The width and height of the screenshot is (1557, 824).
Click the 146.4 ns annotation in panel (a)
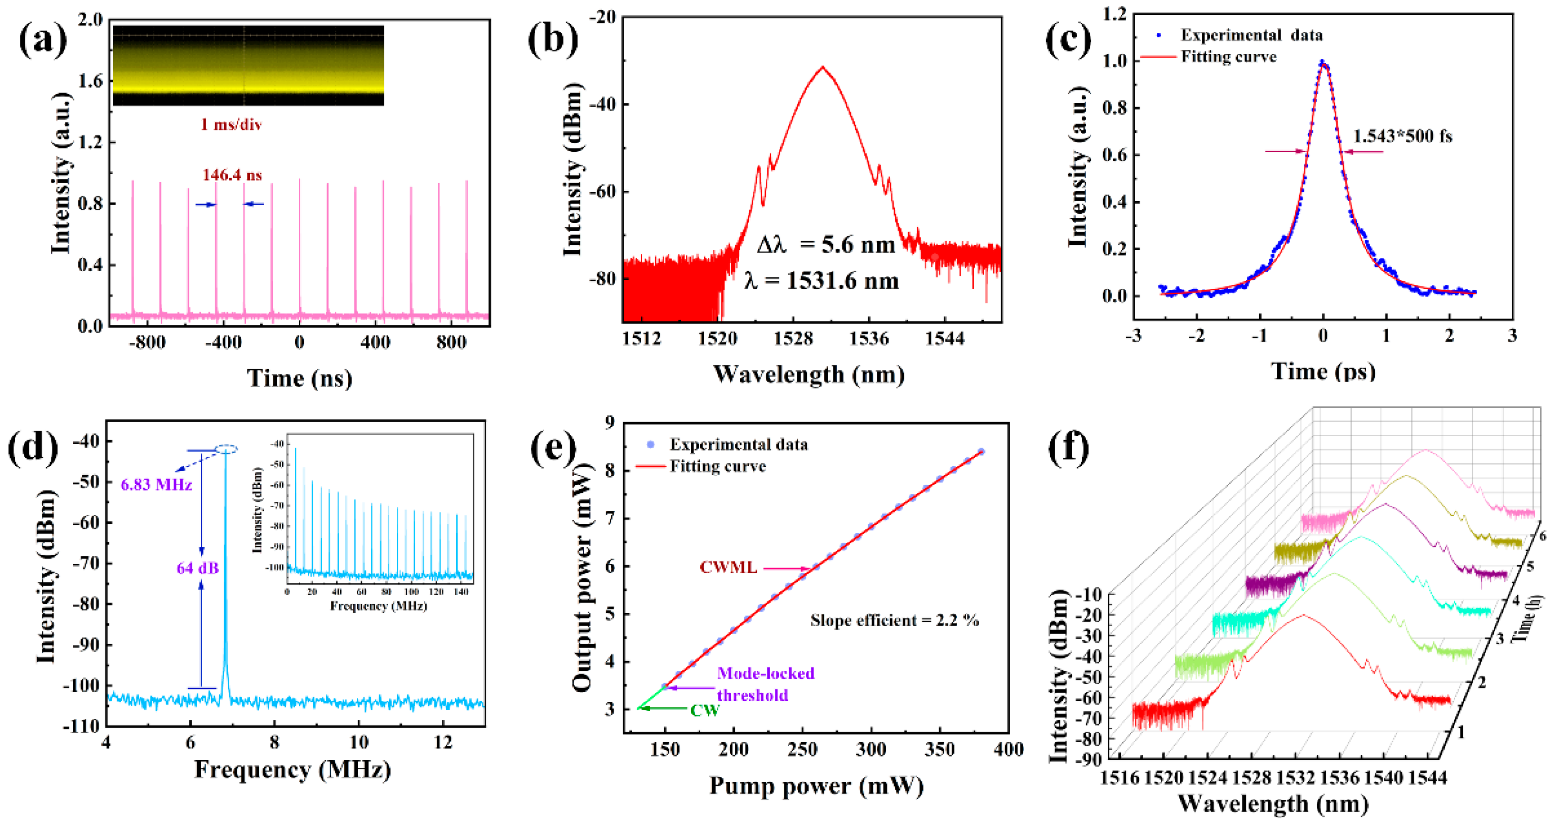pyautogui.click(x=232, y=176)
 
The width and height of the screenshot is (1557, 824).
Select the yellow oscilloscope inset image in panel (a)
pyautogui.click(x=248, y=65)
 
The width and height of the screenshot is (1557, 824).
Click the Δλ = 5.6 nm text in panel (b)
pyautogui.click(x=826, y=245)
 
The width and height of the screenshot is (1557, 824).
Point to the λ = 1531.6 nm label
pyautogui.click(x=822, y=281)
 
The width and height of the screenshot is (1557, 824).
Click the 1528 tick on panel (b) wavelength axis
pyautogui.click(x=793, y=339)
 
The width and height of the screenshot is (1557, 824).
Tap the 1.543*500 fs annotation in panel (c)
pyautogui.click(x=1401, y=136)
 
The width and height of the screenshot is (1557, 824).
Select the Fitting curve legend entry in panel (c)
pyautogui.click(x=1228, y=57)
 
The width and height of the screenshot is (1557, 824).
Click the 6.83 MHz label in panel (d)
pyautogui.click(x=156, y=485)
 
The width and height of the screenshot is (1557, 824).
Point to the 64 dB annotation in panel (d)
pyautogui.click(x=197, y=568)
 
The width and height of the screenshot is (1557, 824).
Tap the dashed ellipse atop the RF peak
pyautogui.click(x=226, y=449)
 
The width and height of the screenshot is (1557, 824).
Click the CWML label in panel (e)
pyautogui.click(x=728, y=567)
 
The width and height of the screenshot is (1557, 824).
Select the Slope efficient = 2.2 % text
pyautogui.click(x=894, y=620)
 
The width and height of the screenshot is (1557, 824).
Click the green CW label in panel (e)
pyautogui.click(x=704, y=710)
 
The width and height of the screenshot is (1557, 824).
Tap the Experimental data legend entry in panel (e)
pyautogui.click(x=738, y=444)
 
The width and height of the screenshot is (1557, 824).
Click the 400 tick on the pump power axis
pyautogui.click(x=1008, y=750)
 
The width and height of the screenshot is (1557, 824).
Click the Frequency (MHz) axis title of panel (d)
pyautogui.click(x=293, y=770)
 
